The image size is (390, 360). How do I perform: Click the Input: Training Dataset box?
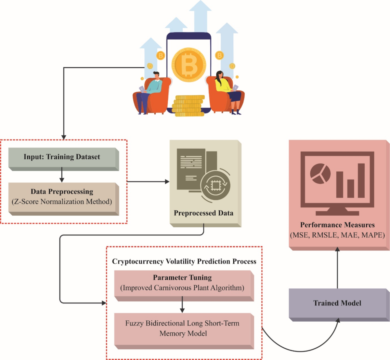point(62,157)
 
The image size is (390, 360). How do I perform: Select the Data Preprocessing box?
point(62,197)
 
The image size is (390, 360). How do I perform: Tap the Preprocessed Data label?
point(203,213)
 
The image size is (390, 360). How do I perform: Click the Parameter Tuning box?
point(182,283)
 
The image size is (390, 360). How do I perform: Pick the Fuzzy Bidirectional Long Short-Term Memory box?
point(183,328)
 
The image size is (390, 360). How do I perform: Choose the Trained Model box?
point(337,303)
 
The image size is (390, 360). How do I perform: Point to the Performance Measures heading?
point(337,225)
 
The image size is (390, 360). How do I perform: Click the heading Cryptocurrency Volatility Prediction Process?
point(184,261)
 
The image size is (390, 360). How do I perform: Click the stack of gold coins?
point(188,106)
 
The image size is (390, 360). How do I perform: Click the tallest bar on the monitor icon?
point(361,180)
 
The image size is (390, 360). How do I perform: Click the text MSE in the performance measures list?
point(300,235)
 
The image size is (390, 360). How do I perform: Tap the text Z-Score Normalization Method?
point(62,202)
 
